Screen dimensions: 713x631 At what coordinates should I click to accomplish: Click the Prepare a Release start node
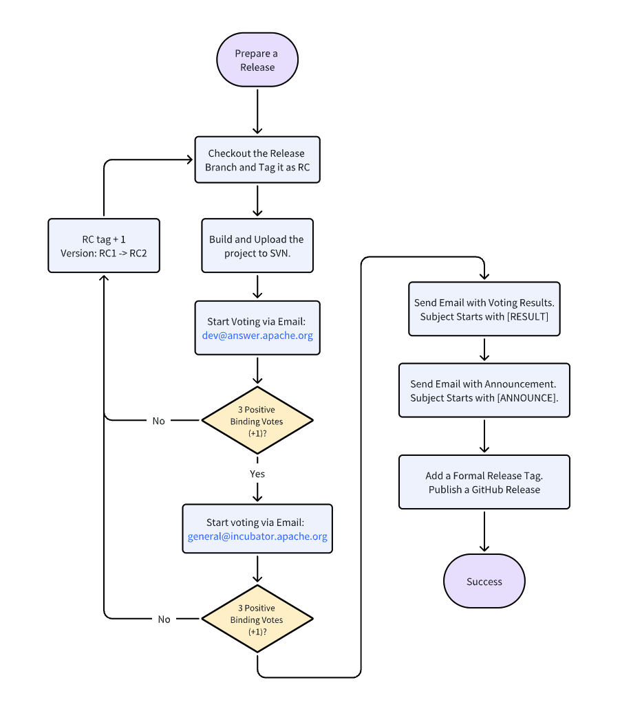(x=257, y=60)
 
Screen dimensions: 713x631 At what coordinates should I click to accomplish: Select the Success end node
(x=484, y=581)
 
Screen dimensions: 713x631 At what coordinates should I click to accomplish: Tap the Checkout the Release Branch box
(x=257, y=160)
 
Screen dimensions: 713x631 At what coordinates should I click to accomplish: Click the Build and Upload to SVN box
(x=257, y=246)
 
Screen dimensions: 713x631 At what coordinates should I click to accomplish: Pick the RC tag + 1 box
(x=103, y=246)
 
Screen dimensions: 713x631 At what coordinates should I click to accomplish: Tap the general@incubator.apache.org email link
(x=257, y=536)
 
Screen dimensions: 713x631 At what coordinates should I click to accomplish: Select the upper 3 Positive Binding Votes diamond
(x=257, y=421)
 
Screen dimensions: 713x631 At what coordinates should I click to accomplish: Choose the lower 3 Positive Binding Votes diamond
(x=257, y=619)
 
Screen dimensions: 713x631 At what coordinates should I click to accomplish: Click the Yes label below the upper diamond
(x=257, y=474)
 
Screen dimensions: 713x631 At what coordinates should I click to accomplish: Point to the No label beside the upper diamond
(x=158, y=421)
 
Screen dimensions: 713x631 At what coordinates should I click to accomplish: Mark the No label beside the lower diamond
(x=164, y=619)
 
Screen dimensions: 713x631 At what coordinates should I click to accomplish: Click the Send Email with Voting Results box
(x=484, y=309)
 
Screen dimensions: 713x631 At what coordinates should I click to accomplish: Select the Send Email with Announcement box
(x=484, y=391)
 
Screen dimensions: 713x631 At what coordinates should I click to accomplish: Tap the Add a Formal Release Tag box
(x=484, y=483)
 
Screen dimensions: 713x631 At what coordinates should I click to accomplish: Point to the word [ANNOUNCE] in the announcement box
(x=527, y=398)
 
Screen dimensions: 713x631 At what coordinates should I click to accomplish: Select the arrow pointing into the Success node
(x=484, y=531)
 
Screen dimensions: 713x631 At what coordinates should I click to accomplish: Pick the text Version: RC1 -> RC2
(x=103, y=253)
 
